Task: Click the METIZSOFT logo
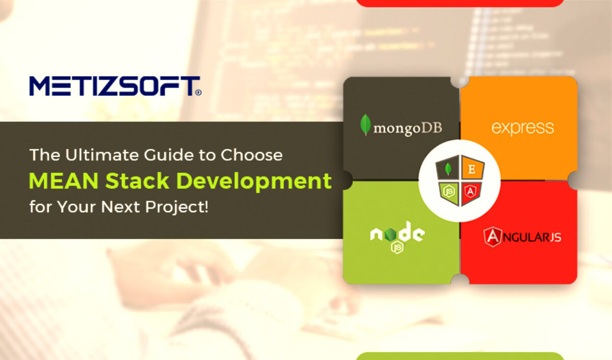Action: [x=115, y=86]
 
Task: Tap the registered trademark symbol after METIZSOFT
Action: [x=198, y=92]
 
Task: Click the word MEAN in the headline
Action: [x=64, y=181]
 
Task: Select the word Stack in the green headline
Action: [x=137, y=181]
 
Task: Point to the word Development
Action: [x=254, y=182]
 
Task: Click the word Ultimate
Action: [x=103, y=155]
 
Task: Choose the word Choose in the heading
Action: [x=251, y=155]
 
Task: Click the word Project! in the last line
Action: [x=176, y=207]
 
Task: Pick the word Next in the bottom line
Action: [x=120, y=207]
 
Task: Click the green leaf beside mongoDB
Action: [x=365, y=124]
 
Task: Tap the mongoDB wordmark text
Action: [x=407, y=128]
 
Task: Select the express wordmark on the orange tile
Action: [x=522, y=128]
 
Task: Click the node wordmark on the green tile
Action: [x=397, y=232]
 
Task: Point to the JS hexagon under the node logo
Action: [x=397, y=248]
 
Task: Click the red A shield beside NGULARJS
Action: [x=493, y=237]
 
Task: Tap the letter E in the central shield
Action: [x=472, y=169]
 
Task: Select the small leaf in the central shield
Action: [x=448, y=169]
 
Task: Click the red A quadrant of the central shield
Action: [x=471, y=193]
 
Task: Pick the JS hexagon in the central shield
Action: [x=449, y=192]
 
